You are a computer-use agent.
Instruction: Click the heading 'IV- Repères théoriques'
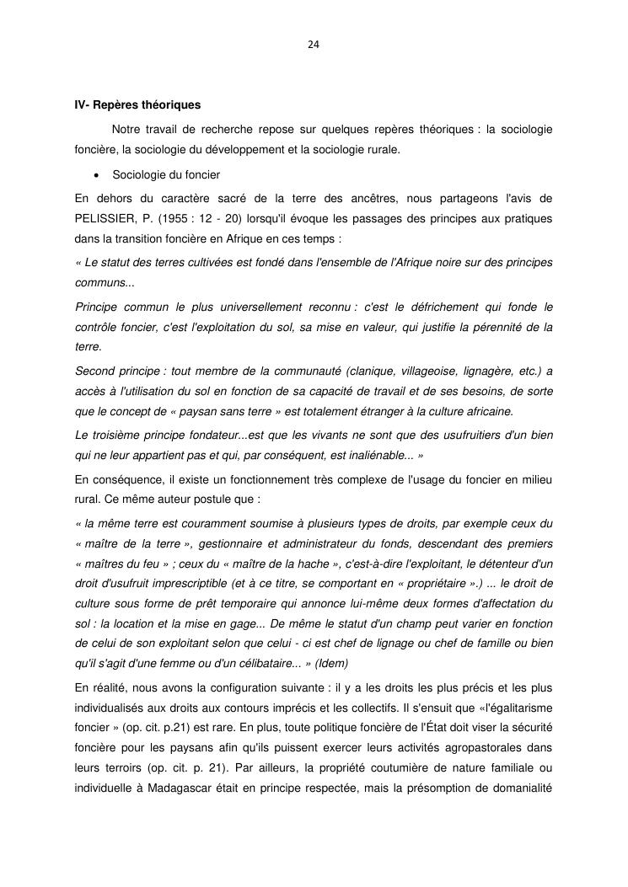[137, 105]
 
